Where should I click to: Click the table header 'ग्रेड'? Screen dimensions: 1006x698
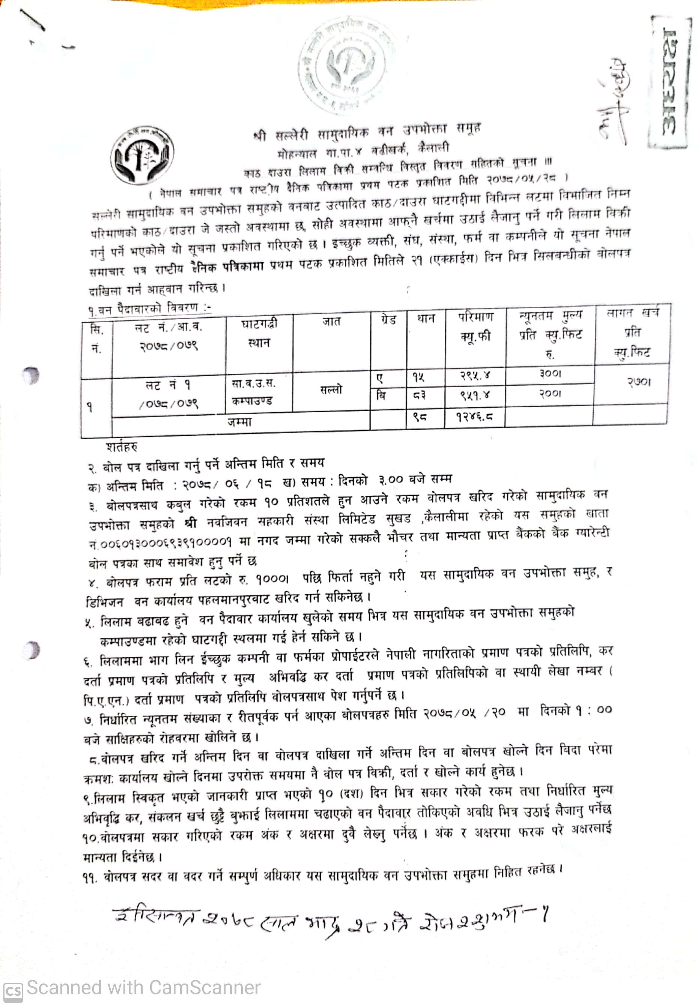pos(388,320)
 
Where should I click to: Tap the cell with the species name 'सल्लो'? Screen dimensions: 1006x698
pos(331,389)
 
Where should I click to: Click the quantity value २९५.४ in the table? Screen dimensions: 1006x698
pos(475,375)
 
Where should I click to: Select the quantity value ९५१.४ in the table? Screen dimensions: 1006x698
pos(475,395)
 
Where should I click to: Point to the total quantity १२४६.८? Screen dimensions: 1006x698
pos(474,416)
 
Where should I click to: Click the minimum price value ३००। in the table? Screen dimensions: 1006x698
pos(550,374)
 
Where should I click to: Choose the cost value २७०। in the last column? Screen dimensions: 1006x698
pos(639,382)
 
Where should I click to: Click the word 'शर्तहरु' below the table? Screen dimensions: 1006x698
pos(122,447)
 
